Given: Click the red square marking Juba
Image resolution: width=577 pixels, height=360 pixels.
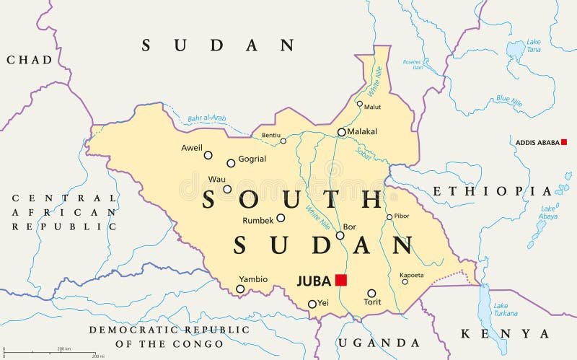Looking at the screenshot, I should point(341,280).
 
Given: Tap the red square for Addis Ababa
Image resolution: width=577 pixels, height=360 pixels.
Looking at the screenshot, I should point(564,142).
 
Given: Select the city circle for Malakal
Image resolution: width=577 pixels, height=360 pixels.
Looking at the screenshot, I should point(341,132).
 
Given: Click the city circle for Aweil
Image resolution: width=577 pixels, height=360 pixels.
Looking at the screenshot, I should point(208,155).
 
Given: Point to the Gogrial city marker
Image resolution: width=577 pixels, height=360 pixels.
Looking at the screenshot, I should point(231,163).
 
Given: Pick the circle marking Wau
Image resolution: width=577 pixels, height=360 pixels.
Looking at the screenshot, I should point(227,190).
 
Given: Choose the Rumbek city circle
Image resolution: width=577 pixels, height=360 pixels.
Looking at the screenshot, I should point(281,218).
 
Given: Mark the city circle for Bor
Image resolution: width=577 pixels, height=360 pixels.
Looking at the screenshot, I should point(340,235).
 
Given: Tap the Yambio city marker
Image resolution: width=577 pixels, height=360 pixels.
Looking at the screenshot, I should point(240,289).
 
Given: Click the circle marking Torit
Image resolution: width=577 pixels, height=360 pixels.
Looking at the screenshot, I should point(371,294).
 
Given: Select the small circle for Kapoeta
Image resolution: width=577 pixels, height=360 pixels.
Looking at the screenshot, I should point(405,281).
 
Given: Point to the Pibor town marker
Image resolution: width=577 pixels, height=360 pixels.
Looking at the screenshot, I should point(389,216).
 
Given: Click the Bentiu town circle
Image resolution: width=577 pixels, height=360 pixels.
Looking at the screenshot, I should point(283,141).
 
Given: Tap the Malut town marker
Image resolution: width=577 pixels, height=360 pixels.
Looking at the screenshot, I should point(360,103).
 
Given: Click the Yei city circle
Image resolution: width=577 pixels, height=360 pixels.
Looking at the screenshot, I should point(312,304).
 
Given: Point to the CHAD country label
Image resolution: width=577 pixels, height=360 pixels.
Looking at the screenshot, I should point(30,60).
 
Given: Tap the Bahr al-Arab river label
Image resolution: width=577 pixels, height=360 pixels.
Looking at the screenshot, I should point(207,118).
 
